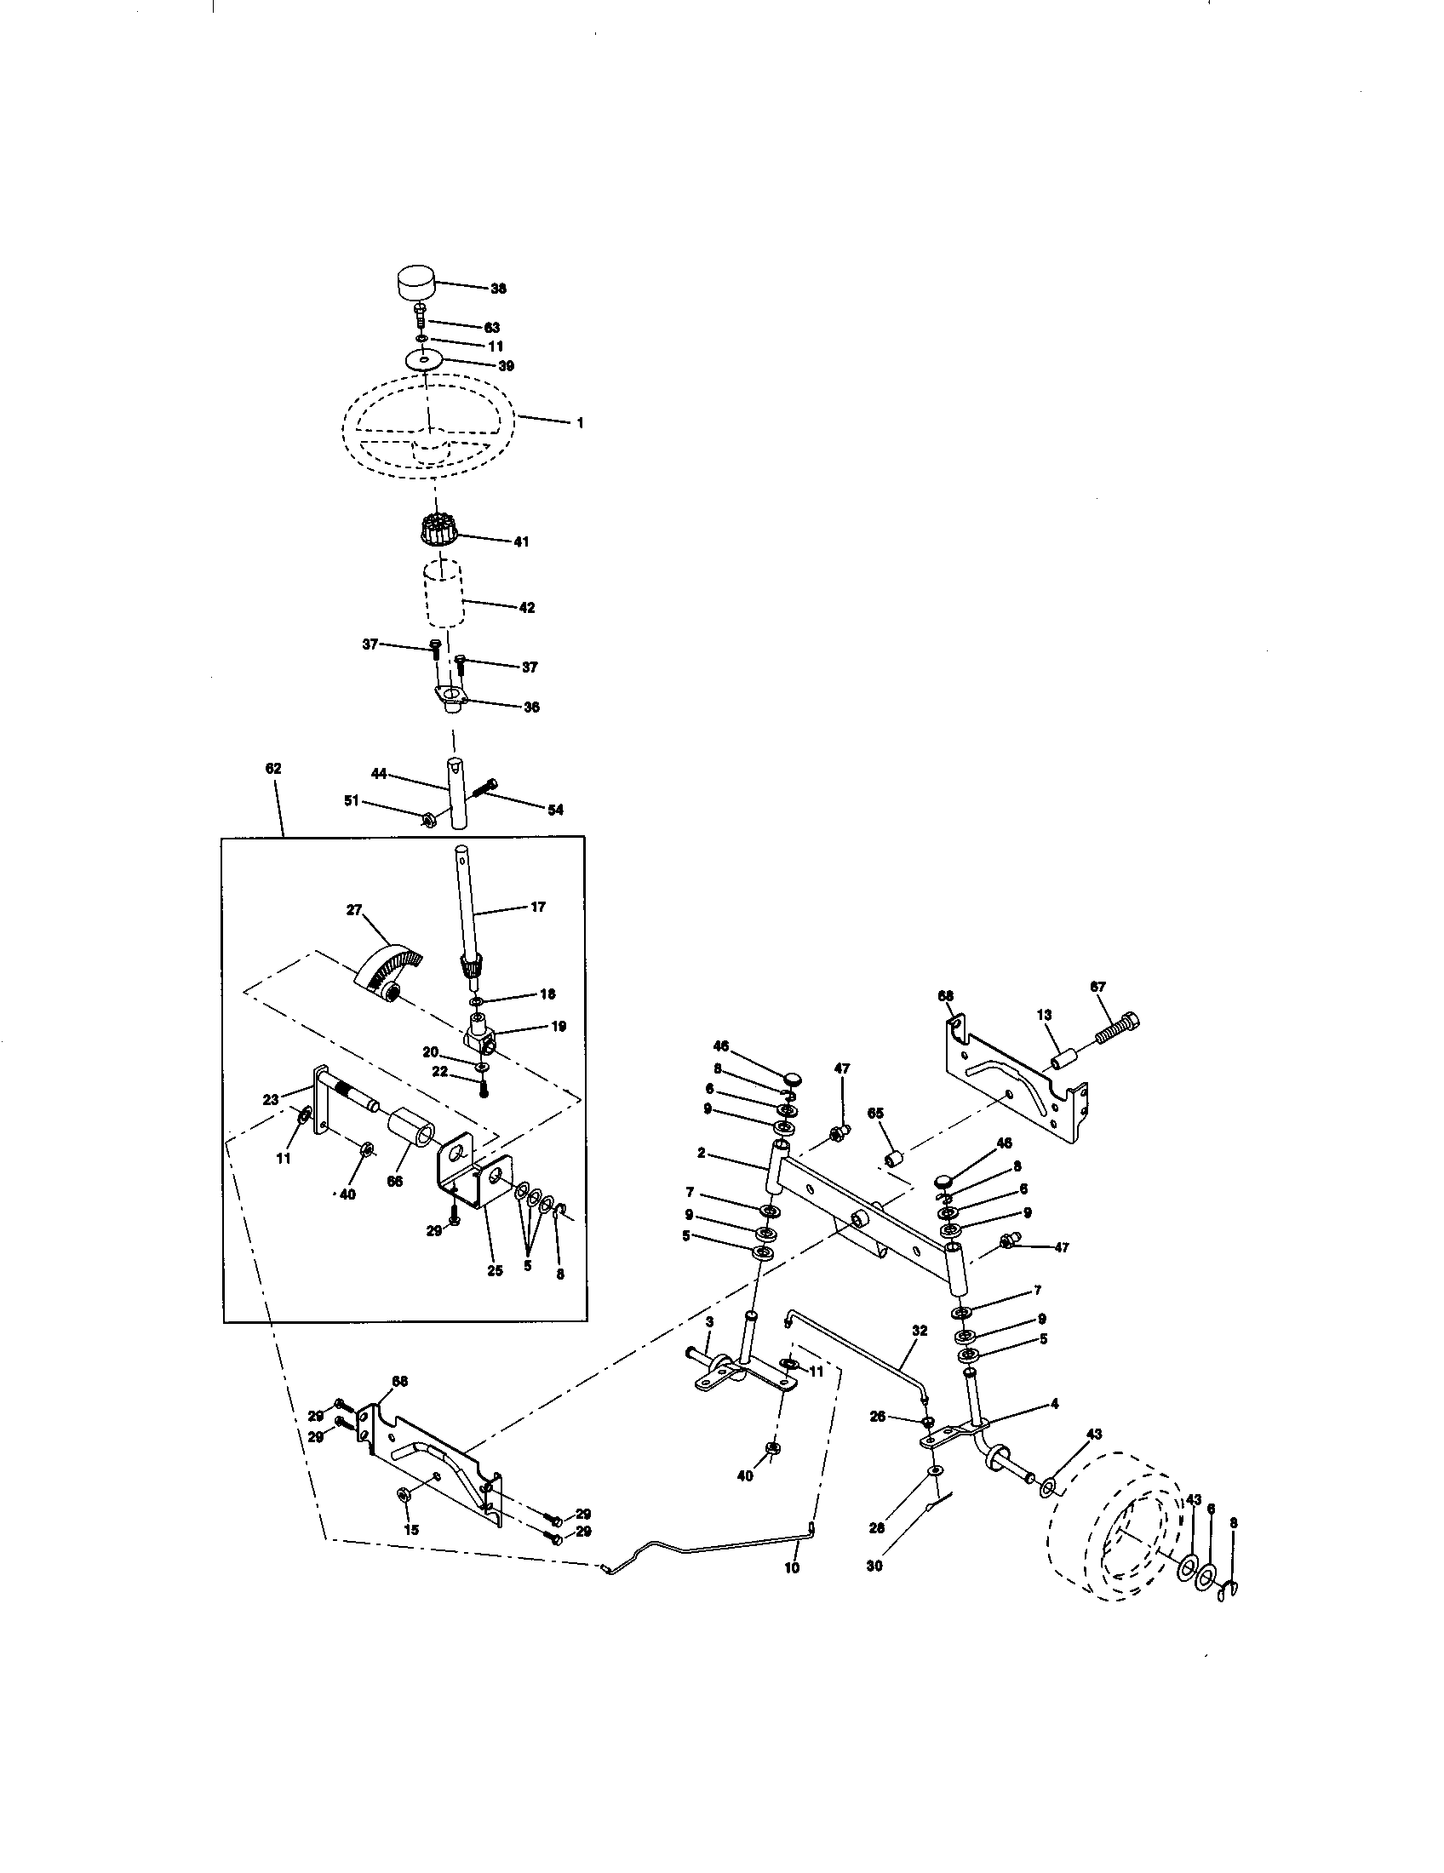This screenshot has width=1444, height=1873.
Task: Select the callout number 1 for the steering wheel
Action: [580, 423]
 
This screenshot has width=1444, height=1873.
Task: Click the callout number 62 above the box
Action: [272, 769]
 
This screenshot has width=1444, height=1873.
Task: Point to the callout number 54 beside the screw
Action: [555, 810]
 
